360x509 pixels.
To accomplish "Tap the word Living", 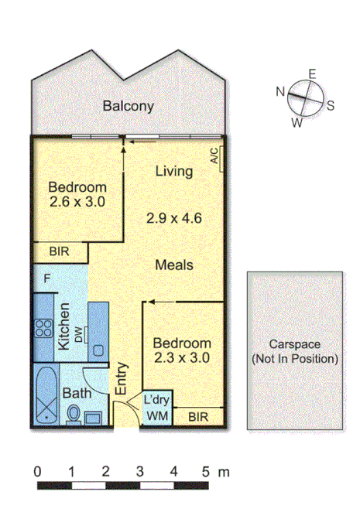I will point(173,171).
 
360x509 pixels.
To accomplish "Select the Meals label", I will point(173,265).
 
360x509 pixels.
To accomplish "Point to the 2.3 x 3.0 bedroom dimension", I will point(181,358).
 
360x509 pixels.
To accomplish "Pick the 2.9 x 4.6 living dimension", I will point(173,218).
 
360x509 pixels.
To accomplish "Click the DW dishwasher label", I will point(79,333).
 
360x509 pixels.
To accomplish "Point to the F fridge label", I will point(47,277).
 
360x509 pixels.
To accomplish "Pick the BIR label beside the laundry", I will point(199,418).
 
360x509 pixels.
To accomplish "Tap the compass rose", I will point(304,98).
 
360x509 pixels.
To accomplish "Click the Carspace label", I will point(295,345).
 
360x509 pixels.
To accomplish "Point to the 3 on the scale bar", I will point(139,471).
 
